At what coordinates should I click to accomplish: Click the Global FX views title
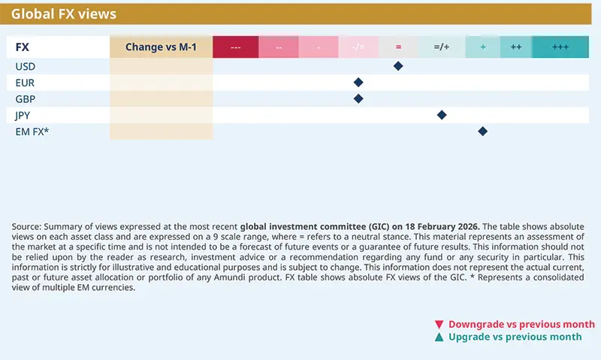[x=64, y=14]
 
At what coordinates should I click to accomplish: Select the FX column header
[x=23, y=47]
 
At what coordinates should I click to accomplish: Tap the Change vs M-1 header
[x=161, y=47]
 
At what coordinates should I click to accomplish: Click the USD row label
[x=26, y=66]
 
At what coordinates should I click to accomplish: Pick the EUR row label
[x=25, y=83]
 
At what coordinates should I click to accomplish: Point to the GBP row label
[x=26, y=98]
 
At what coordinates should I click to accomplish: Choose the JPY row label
[x=24, y=115]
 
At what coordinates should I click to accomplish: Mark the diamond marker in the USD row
[x=398, y=66]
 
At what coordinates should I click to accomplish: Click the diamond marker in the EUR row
[x=358, y=83]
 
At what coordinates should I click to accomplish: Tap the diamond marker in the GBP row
[x=358, y=98]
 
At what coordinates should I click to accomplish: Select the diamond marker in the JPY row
[x=442, y=115]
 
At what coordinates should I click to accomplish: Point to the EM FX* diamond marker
[x=482, y=132]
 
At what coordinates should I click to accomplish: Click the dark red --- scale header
[x=235, y=47]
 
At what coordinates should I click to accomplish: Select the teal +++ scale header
[x=560, y=47]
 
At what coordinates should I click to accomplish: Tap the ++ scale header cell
[x=516, y=47]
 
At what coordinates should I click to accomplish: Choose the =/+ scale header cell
[x=442, y=47]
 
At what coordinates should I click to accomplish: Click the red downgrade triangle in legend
[x=439, y=325]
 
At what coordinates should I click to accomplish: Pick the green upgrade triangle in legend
[x=439, y=337]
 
